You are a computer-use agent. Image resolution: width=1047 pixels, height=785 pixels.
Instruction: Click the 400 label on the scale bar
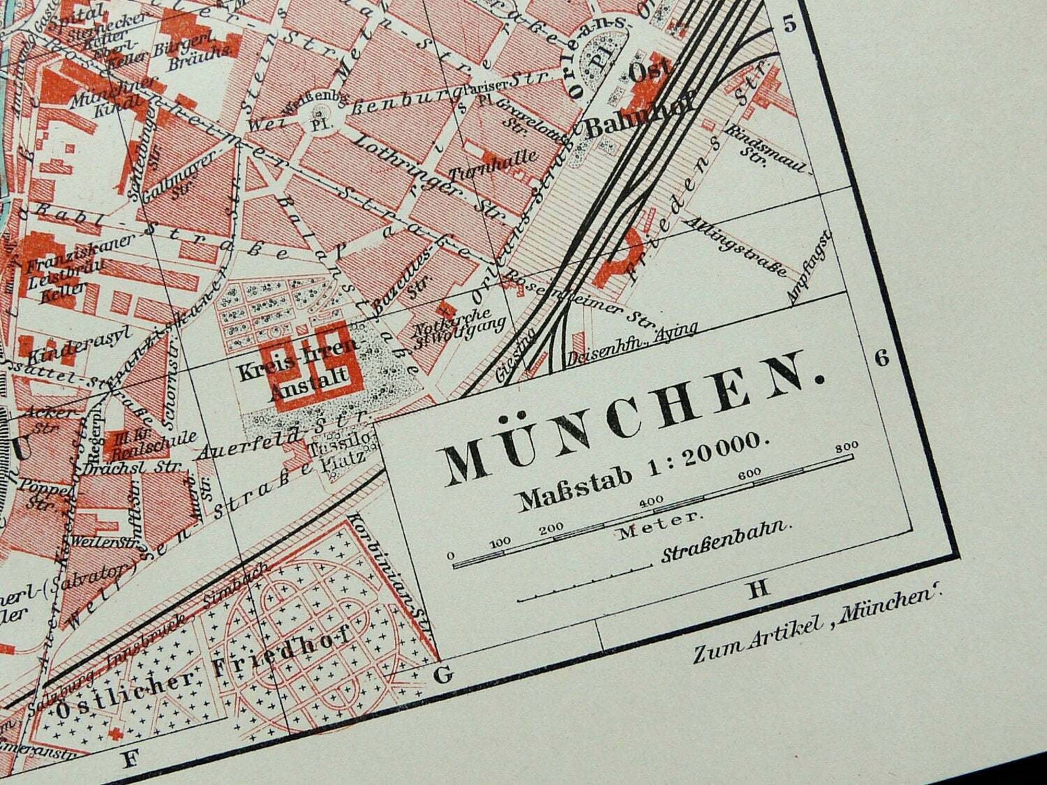[x=651, y=502]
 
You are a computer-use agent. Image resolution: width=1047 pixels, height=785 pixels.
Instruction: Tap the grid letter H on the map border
[x=759, y=589]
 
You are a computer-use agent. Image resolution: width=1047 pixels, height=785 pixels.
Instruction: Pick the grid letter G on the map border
[x=444, y=674]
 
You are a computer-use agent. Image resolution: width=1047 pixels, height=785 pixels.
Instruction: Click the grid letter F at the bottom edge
[x=131, y=759]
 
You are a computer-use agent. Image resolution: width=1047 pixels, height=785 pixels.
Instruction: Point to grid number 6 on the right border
[x=882, y=358]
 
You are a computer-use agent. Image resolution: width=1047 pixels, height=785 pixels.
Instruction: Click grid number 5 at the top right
[x=789, y=24]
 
